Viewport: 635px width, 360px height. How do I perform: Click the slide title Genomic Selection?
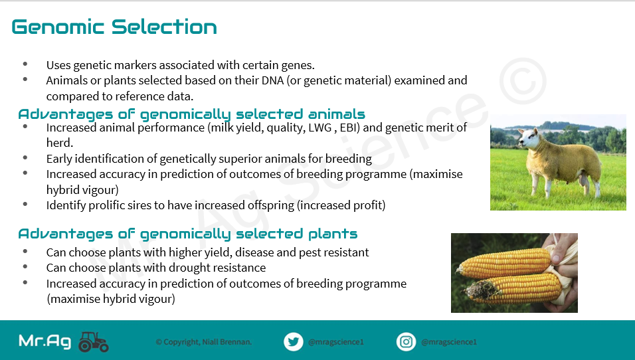(114, 27)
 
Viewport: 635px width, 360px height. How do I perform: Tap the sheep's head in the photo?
(529, 137)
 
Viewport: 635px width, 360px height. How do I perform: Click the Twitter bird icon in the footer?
(293, 342)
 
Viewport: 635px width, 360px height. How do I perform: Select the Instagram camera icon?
(407, 342)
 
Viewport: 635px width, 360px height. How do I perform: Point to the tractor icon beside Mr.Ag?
(94, 342)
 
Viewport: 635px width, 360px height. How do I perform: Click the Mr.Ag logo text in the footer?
(45, 341)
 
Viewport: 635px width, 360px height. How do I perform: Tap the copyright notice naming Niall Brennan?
(204, 342)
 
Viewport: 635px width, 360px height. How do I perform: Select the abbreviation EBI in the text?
(350, 128)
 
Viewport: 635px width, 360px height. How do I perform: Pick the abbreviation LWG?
(320, 128)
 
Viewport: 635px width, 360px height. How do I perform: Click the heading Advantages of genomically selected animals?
(191, 114)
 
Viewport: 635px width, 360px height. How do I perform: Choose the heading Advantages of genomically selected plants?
(188, 234)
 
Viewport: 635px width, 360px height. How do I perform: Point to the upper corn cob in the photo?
(504, 262)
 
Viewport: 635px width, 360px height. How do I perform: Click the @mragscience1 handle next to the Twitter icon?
(335, 342)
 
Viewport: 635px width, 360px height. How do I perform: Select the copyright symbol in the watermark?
(523, 81)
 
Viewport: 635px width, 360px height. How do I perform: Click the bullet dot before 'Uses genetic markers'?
(25, 64)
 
